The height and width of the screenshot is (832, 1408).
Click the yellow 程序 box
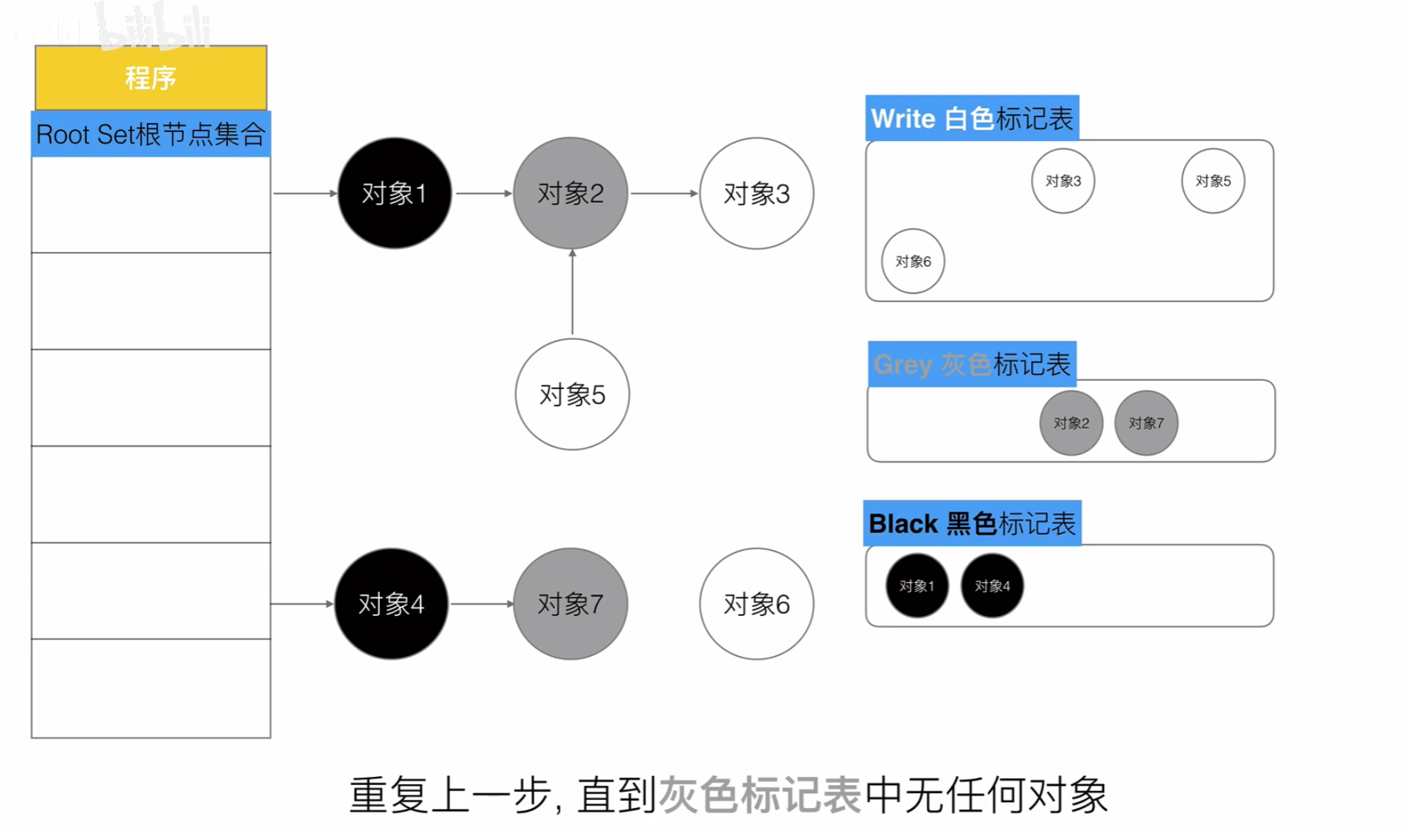tap(150, 78)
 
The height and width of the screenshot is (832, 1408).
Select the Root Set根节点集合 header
tap(150, 134)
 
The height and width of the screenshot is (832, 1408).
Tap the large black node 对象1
tap(394, 193)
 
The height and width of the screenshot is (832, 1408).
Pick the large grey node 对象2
tap(570, 193)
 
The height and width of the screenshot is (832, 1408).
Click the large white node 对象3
tap(756, 193)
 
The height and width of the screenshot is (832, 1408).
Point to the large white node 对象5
tap(572, 394)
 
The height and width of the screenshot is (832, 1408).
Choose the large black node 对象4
tap(391, 604)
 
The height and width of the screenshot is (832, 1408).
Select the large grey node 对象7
tap(570, 604)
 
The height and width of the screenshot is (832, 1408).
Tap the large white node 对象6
tap(756, 604)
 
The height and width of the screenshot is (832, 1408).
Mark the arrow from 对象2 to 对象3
tap(664, 193)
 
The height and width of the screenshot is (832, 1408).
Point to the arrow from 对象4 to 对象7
tap(481, 604)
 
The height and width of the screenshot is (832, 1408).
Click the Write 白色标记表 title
tap(971, 119)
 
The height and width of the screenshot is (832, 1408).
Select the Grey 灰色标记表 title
tap(971, 365)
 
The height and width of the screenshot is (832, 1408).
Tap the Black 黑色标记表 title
tap(971, 523)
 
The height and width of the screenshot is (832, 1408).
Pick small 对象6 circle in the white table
tap(913, 261)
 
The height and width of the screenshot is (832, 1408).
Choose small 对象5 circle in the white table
tap(1213, 181)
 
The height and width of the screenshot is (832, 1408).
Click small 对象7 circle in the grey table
tap(1146, 423)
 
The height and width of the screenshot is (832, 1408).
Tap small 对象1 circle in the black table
tap(916, 586)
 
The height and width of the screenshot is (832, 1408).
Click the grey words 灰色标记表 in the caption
tap(760, 795)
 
